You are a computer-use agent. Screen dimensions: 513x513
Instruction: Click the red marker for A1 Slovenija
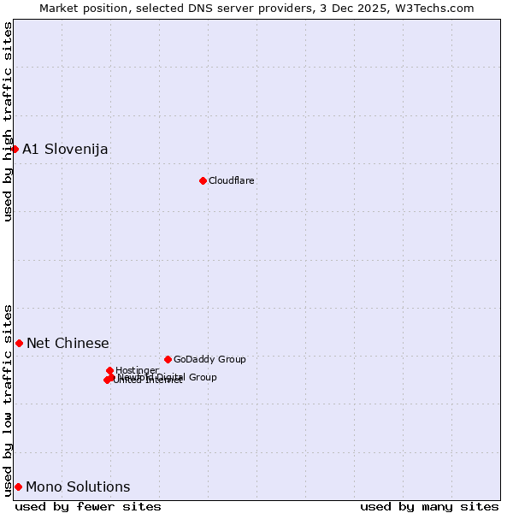pyautogui.click(x=15, y=149)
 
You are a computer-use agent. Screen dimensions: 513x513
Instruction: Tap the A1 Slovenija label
pyautogui.click(x=65, y=150)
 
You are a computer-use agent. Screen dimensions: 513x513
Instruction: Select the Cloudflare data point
pyautogui.click(x=203, y=180)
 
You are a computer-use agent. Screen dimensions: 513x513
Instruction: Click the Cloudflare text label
pyautogui.click(x=232, y=181)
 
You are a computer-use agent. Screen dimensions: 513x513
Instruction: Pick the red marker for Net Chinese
pyautogui.click(x=19, y=343)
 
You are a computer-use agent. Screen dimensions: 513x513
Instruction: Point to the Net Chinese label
pyautogui.click(x=68, y=344)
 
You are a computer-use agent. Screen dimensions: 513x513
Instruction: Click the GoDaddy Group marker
pyautogui.click(x=168, y=359)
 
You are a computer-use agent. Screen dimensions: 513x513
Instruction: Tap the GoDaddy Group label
pyautogui.click(x=209, y=360)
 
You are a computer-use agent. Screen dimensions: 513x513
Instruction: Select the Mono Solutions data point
pyautogui.click(x=18, y=486)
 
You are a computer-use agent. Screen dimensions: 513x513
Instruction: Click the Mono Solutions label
pyautogui.click(x=78, y=487)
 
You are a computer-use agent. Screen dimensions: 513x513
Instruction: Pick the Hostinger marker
pyautogui.click(x=110, y=370)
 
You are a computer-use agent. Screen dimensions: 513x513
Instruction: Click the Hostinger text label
pyautogui.click(x=137, y=371)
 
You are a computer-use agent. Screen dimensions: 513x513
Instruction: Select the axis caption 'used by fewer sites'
pyautogui.click(x=88, y=506)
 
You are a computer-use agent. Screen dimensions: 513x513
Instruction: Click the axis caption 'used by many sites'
pyautogui.click(x=429, y=506)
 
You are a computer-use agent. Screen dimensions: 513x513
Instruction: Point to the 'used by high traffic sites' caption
pyautogui.click(x=8, y=121)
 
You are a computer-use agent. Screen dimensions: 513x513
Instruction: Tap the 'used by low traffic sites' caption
pyautogui.click(x=8, y=399)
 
